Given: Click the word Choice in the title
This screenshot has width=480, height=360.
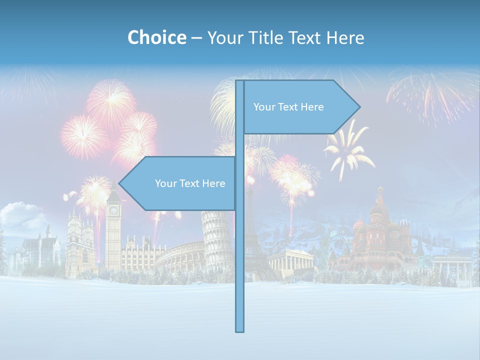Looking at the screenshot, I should pyautogui.click(x=156, y=37).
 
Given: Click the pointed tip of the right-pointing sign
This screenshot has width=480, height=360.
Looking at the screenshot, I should pyautogui.click(x=358, y=106).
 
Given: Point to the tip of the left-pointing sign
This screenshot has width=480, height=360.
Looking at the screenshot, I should pyautogui.click(x=120, y=183).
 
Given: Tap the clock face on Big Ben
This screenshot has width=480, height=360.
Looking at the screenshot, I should pyautogui.click(x=113, y=210).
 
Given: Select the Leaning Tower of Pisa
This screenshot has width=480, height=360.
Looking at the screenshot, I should pyautogui.click(x=217, y=240).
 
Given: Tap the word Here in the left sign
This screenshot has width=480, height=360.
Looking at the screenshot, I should pyautogui.click(x=213, y=183).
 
